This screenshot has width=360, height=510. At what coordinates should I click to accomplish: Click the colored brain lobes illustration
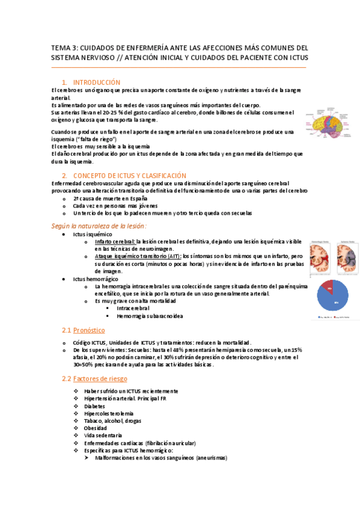point(330,123)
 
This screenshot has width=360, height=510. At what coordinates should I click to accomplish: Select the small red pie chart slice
point(326,287)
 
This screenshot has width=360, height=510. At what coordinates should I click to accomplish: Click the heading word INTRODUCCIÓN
point(96,82)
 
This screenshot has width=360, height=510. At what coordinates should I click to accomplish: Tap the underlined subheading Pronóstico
point(89,330)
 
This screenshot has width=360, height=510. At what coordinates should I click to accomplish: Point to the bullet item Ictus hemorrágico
point(96,280)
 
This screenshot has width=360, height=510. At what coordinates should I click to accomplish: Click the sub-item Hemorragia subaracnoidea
point(150,316)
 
